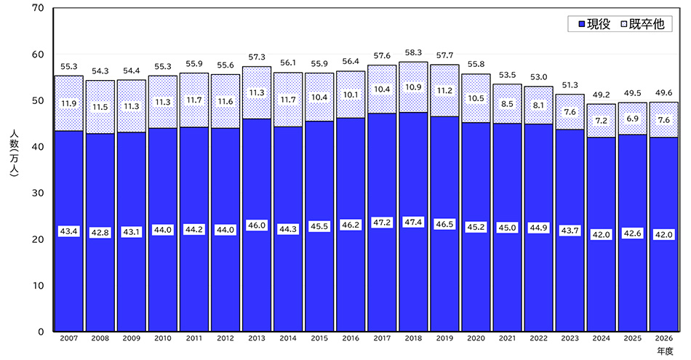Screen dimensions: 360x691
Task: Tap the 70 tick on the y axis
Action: (x=39, y=9)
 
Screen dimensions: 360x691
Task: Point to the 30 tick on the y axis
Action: (x=39, y=193)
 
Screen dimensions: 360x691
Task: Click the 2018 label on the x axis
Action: (x=413, y=338)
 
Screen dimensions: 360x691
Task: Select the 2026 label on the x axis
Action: (x=663, y=338)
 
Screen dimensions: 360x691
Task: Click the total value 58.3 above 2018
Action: (x=413, y=53)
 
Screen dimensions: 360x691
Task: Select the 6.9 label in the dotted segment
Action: (x=632, y=118)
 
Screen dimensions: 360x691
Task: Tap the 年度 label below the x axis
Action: (x=666, y=351)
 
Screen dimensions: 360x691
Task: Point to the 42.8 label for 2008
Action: (x=100, y=233)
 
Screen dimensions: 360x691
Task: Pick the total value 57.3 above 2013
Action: (x=256, y=57)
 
